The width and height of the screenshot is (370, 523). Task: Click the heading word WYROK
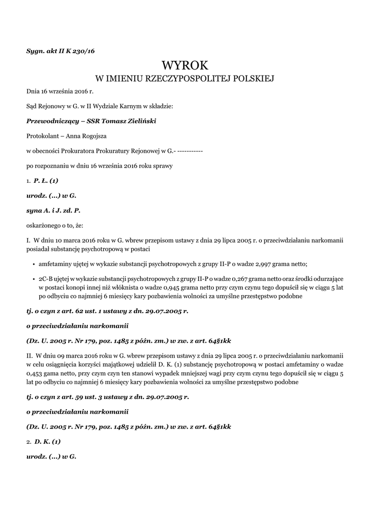(x=185, y=65)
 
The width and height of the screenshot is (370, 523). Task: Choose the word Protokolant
(x=42, y=136)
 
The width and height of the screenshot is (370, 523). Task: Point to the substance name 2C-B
(x=45, y=279)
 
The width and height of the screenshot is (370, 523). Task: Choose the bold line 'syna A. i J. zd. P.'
(x=54, y=210)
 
